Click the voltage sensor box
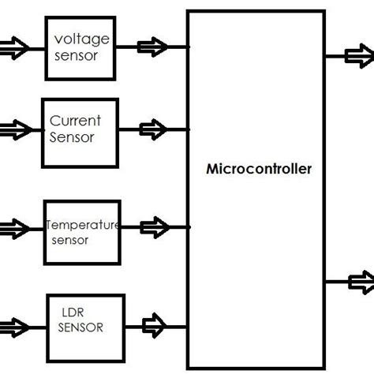coord(81,47)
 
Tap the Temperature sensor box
coord(82,232)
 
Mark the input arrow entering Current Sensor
coord(14,127)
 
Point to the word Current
coord(75,121)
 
